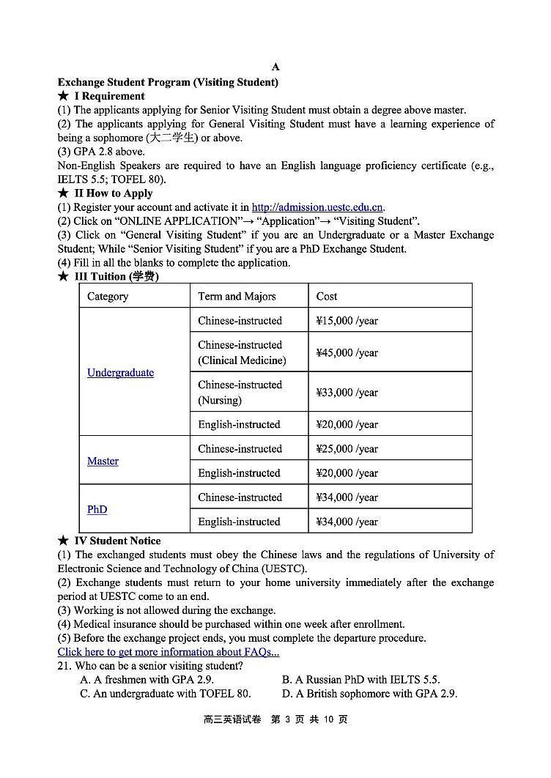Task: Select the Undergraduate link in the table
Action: [x=120, y=372]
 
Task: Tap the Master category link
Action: [x=103, y=461]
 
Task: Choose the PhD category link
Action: [x=97, y=509]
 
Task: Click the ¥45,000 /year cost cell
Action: [x=347, y=352]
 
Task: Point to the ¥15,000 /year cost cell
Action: [x=347, y=320]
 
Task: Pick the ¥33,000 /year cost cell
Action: [x=347, y=392]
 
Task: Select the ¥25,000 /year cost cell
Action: [x=347, y=448]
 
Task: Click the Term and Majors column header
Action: [x=237, y=296]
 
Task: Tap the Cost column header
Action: [x=327, y=296]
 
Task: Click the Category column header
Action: [x=108, y=296]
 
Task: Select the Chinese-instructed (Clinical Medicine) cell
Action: [x=242, y=352]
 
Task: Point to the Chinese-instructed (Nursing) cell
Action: [x=240, y=392]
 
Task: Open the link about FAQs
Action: [x=168, y=651]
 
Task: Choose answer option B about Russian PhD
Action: [x=360, y=680]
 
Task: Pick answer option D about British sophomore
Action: [x=369, y=693]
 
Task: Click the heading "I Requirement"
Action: [x=109, y=96]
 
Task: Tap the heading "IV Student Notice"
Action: [x=117, y=541]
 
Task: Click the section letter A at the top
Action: [x=275, y=68]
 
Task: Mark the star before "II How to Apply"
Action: [x=63, y=193]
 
